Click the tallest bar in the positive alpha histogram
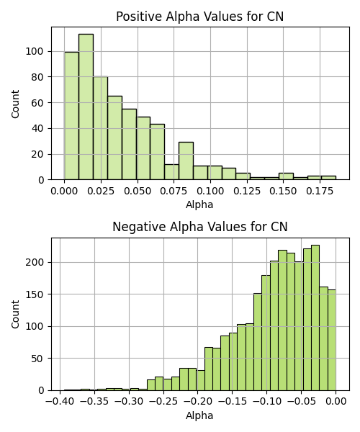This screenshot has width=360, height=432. point(86,107)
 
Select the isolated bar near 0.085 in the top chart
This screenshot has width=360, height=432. point(186,161)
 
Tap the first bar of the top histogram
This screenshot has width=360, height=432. point(71,116)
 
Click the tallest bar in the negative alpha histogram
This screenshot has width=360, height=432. point(315,318)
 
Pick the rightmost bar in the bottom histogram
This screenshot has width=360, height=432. point(332,340)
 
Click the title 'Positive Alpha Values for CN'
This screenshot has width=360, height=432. point(199,17)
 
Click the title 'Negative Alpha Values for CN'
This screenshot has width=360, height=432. point(200,227)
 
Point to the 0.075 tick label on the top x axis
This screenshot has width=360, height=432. point(174,191)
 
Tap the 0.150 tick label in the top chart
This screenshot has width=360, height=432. point(283,191)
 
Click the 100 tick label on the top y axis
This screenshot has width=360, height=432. point(35,52)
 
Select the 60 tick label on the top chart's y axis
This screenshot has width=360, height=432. point(37,103)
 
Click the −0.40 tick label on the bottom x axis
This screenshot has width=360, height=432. point(60,402)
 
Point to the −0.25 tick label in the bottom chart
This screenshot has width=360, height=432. point(163,402)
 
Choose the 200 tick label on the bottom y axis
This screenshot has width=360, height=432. point(35,262)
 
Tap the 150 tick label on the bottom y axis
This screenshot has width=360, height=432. point(35,294)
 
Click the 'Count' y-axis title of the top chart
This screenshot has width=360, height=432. point(15,104)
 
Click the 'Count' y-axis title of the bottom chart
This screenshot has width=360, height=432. point(15,315)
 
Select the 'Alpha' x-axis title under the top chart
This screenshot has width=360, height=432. point(199,204)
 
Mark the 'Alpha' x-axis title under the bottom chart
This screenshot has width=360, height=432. point(199,415)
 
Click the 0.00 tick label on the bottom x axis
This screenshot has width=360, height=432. point(336,402)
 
